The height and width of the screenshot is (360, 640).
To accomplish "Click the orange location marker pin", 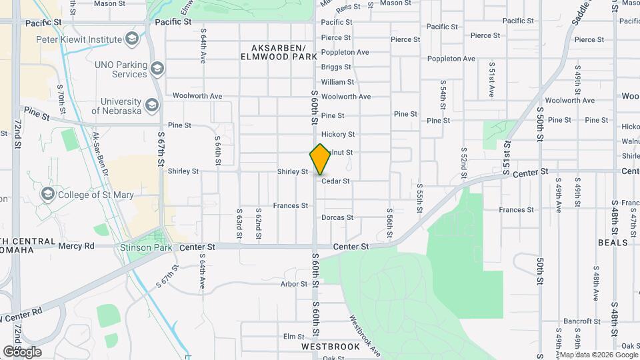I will click(321, 159).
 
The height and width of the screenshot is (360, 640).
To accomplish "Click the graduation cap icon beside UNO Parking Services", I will click(157, 68).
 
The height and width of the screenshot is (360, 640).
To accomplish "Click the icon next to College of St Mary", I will click(47, 195).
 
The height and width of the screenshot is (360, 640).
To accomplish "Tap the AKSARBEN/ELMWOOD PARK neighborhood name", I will click(279, 53).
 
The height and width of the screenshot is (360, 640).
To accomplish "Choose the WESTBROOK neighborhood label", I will click(331, 347).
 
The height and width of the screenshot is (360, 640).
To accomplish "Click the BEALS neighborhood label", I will click(613, 243).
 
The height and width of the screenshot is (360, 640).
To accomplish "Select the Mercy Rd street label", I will click(76, 245).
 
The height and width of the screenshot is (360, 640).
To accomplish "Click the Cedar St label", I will click(335, 181).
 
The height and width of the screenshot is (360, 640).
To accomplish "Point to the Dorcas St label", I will click(337, 217).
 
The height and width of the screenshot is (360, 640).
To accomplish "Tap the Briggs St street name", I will click(336, 67).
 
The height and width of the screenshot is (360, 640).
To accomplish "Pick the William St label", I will click(337, 82).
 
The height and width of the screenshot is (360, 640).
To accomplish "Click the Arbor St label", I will click(294, 284).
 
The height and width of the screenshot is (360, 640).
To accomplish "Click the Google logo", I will click(22, 351).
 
